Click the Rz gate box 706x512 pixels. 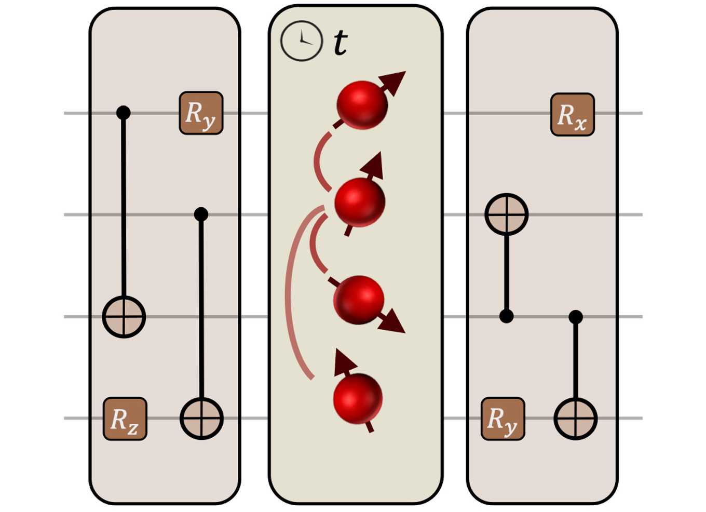(x=125, y=419)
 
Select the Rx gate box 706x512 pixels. (x=573, y=115)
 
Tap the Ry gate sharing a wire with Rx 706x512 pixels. (x=201, y=113)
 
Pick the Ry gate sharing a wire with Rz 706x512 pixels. (x=503, y=419)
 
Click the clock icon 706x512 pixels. (x=302, y=41)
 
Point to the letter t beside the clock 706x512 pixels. (x=340, y=43)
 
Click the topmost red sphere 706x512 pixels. (x=362, y=105)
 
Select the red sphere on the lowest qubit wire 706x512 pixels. (x=358, y=399)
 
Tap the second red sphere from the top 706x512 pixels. (x=360, y=202)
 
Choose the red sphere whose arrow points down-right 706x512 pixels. (x=359, y=300)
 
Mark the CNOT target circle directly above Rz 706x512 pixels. (x=124, y=317)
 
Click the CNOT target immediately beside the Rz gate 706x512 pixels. (x=201, y=419)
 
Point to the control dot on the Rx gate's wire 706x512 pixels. (x=123, y=113)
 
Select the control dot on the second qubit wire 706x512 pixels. (x=201, y=214)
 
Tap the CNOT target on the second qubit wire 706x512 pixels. (x=506, y=214)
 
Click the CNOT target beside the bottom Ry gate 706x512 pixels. (x=575, y=419)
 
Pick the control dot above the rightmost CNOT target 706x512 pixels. (x=575, y=317)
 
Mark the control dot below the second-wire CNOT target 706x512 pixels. (x=506, y=316)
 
